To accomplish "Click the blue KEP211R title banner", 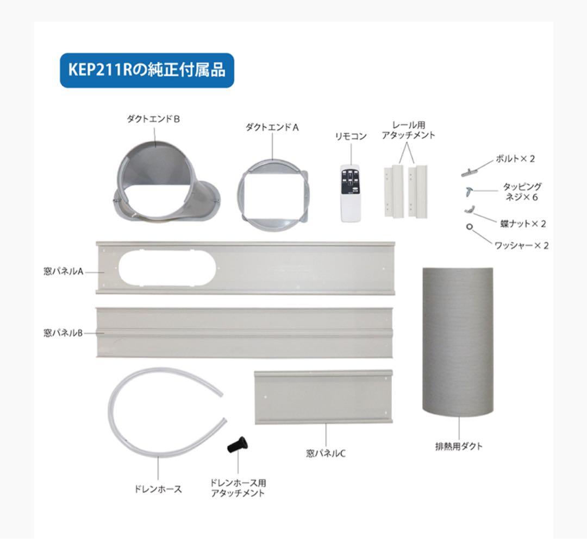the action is coord(147,70).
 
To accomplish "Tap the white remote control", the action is coord(351,193).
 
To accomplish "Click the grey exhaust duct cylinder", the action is coord(458,341).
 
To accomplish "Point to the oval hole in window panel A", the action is coord(167,268).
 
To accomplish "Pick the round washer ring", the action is coord(470,226).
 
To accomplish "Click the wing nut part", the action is coord(469,210).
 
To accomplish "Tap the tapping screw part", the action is coord(469,191).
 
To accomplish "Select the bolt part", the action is coord(470,172).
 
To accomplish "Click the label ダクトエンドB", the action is coord(153,119).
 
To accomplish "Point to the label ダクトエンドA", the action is coord(272,128).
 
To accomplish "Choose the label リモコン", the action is coord(351,136).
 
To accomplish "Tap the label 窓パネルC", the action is coord(326,453).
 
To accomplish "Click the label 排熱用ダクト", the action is coord(459,446).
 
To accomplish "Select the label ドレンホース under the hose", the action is coord(158,489).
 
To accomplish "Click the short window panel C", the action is coord(323,397).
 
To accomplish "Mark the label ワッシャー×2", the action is coord(521,245).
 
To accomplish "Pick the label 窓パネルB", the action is coord(63,333).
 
